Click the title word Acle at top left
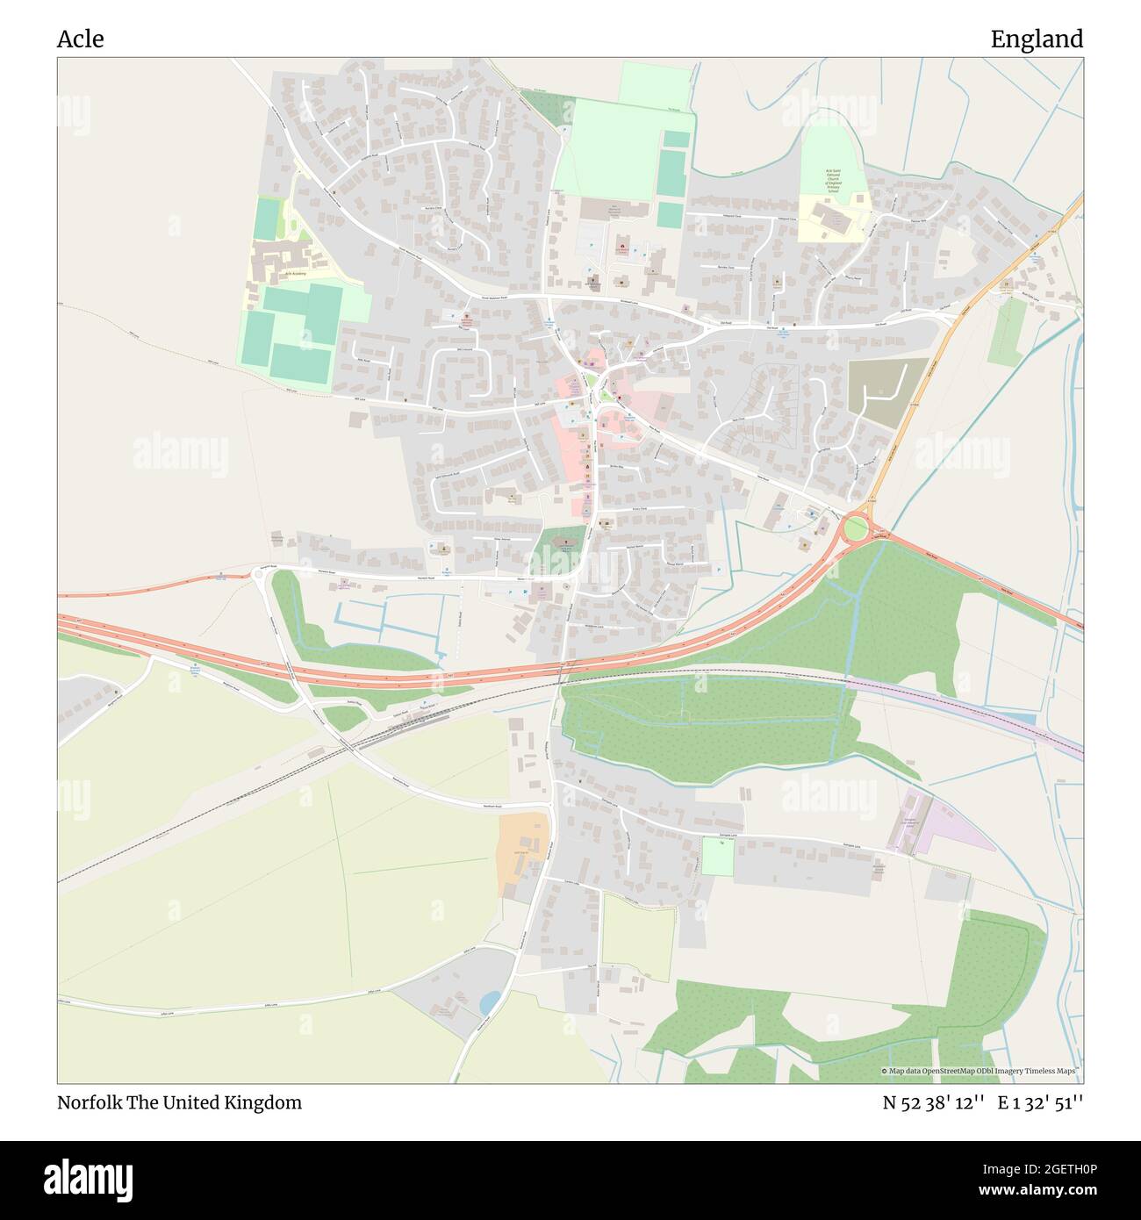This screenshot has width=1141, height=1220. pos(80,39)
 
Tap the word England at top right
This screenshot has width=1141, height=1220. pos(1036,39)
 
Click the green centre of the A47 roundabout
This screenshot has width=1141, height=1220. pos(854,529)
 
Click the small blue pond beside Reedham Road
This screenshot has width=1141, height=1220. pos(490,1001)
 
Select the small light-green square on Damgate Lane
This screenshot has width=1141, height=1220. pos(717,857)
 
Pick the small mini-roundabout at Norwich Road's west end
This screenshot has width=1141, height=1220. pos(259,573)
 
